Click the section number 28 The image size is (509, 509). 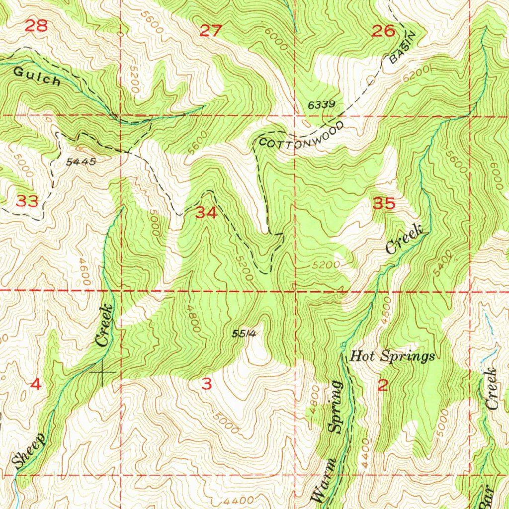[36, 26]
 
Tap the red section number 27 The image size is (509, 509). [210, 31]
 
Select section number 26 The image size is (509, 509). [383, 31]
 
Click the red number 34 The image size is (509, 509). [206, 213]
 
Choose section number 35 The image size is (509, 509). [384, 203]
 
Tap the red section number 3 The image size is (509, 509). [207, 384]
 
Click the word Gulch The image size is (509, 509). [37, 77]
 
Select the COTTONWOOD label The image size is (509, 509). [301, 136]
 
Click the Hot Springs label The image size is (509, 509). [393, 356]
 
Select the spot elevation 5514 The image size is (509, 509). [244, 334]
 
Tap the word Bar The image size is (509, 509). [487, 497]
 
